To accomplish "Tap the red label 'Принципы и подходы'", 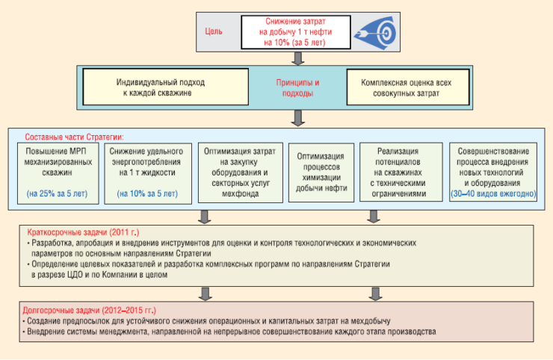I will coord(297,87).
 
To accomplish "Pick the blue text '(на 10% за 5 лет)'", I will coord(147,193).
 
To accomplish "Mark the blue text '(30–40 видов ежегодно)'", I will coord(492,193).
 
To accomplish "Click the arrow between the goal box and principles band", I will coord(297,57).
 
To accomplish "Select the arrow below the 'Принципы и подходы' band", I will coord(297,117).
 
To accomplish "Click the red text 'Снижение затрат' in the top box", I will coord(297,22).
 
